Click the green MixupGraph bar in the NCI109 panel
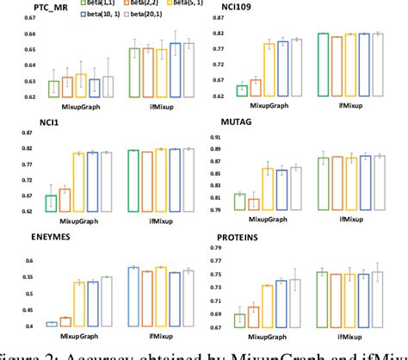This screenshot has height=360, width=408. click(243, 90)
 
